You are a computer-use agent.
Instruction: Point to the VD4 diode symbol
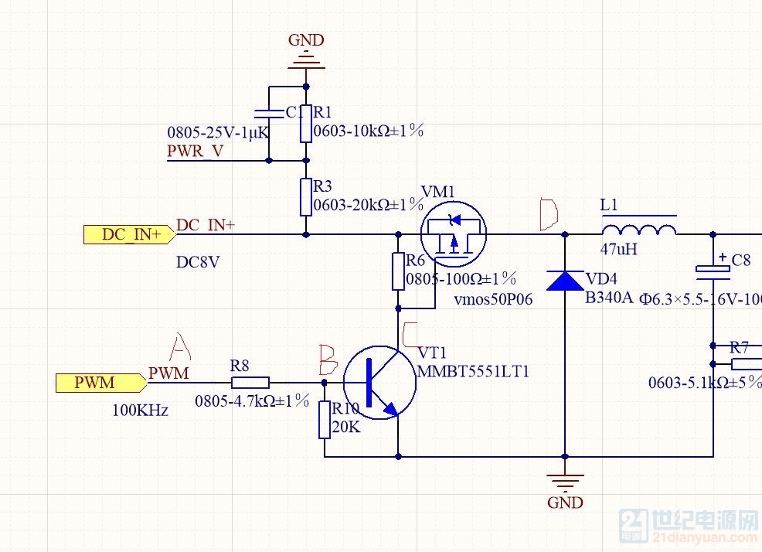tap(564, 279)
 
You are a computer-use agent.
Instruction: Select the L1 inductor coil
tap(638, 229)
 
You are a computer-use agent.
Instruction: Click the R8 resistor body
tap(250, 382)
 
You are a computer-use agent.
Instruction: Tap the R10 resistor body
tap(325, 420)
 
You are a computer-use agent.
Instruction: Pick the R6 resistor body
tap(398, 271)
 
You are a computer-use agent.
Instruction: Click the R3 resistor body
tap(306, 198)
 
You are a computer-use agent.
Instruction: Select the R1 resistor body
tap(306, 124)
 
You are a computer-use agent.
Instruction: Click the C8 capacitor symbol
tap(713, 270)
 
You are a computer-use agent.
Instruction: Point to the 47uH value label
tap(618, 250)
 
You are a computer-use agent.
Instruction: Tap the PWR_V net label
tap(196, 151)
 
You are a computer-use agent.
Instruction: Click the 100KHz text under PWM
tap(140, 410)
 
